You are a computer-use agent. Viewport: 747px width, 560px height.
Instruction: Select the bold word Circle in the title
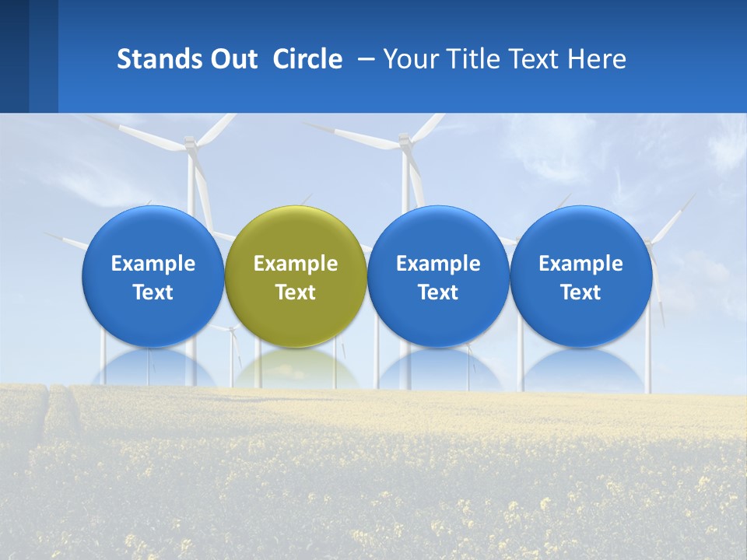(307, 59)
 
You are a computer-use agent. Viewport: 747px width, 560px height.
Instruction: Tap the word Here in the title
(597, 59)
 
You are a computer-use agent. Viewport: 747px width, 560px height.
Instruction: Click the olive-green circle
(296, 233)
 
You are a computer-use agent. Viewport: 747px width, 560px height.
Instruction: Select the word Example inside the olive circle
(296, 264)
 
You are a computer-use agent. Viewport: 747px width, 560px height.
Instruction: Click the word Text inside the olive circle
(296, 292)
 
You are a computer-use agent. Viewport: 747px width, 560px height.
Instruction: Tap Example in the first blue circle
(153, 264)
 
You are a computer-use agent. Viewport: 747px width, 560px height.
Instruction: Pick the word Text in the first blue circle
(153, 292)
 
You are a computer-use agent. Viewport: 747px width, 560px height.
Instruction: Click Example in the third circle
(438, 264)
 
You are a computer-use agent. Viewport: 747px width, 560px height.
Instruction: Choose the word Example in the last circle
(580, 264)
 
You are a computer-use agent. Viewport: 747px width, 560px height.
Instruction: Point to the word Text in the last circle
(580, 292)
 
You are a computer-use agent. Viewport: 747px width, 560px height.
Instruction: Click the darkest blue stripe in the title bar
(14, 56)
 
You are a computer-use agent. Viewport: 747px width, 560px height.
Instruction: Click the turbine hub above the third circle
(404, 141)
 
